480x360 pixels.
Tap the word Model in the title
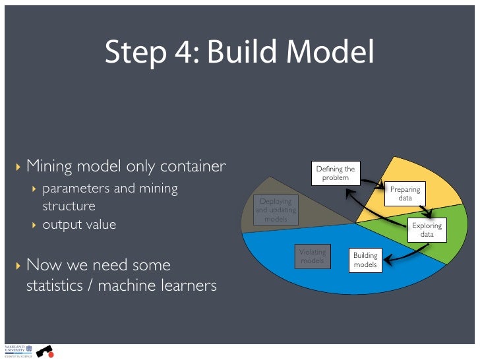tap(332, 53)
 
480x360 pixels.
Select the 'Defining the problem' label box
tap(335, 173)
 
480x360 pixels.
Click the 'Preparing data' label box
tap(405, 194)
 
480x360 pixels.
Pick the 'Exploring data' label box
tap(427, 229)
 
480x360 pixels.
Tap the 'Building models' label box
tap(365, 260)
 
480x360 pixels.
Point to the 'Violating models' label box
tap(312, 256)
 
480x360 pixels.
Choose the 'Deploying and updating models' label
tap(276, 210)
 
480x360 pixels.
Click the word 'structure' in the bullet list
tap(69, 206)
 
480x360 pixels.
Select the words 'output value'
tap(79, 224)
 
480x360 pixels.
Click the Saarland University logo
tap(15, 350)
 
